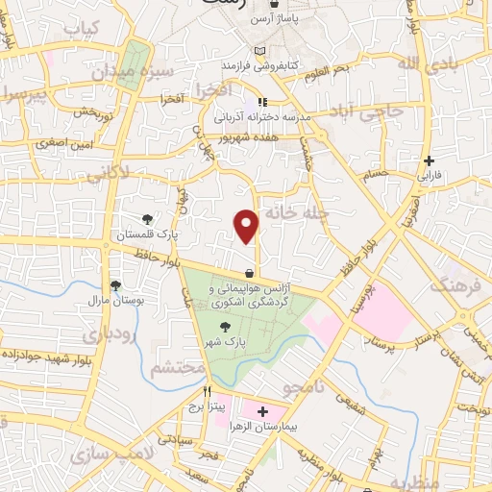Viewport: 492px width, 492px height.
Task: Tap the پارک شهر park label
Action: pos(224,342)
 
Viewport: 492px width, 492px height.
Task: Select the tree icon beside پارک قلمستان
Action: pos(146,219)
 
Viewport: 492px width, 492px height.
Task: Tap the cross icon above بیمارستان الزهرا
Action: pos(262,410)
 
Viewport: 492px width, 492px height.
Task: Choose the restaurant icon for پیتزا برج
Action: pos(207,392)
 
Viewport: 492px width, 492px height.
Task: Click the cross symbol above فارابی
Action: pos(429,160)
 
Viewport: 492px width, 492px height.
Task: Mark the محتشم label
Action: pos(179,367)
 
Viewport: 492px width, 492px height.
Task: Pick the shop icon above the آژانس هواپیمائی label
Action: pos(250,273)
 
